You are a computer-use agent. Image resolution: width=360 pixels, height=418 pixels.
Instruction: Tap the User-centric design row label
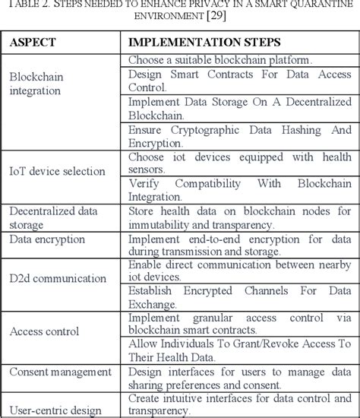pyautogui.click(x=55, y=411)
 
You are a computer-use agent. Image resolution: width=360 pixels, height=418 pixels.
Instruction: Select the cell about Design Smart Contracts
pyautogui.click(x=238, y=81)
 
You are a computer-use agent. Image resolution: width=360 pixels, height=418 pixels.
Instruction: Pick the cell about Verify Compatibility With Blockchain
pyautogui.click(x=238, y=190)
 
